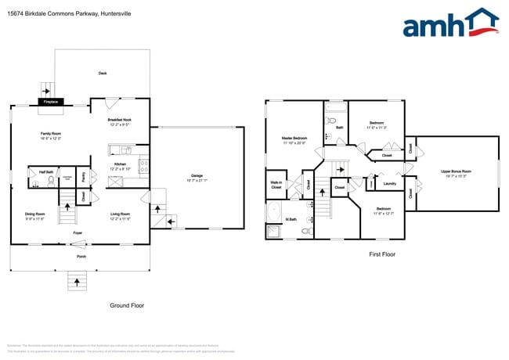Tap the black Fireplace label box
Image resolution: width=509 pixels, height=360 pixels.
[x=51, y=102]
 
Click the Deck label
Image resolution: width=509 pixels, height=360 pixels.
[x=103, y=74]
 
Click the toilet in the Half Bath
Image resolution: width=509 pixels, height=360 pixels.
[x=52, y=180]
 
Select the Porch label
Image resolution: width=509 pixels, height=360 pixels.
[x=81, y=256]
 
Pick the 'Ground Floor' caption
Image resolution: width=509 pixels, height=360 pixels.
[x=128, y=306]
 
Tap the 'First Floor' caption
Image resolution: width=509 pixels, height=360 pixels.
[x=382, y=254]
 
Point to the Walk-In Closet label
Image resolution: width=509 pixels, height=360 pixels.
[x=276, y=186]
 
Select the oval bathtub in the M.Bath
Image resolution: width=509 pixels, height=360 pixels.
[x=275, y=214]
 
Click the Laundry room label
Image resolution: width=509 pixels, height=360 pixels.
[x=389, y=184]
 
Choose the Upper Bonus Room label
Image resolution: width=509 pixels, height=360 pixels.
[x=455, y=173]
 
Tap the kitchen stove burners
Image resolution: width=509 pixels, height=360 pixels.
[x=143, y=165]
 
